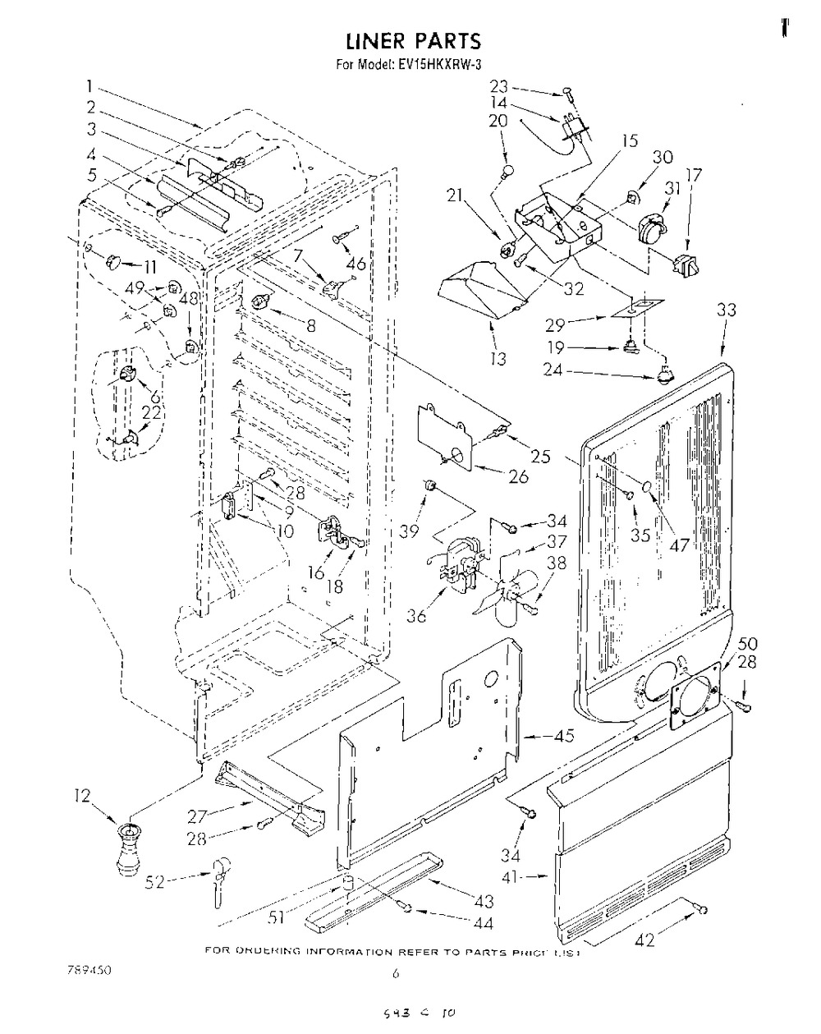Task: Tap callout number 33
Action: click(x=726, y=310)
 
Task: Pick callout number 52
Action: click(x=154, y=881)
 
